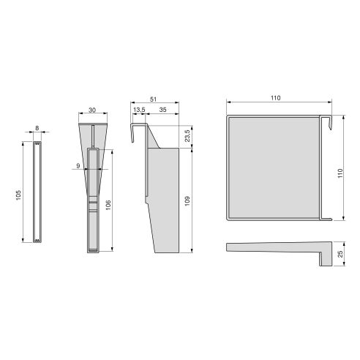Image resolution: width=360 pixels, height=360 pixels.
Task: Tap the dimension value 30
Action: pos(92,110)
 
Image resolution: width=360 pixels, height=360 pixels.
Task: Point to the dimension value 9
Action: pos(77,166)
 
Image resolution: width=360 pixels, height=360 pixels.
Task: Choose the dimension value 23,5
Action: pos(187,136)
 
